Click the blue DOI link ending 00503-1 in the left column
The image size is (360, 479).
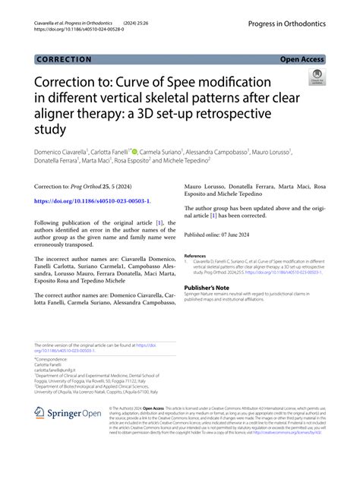[92, 201]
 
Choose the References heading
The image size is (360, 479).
[195, 256]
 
